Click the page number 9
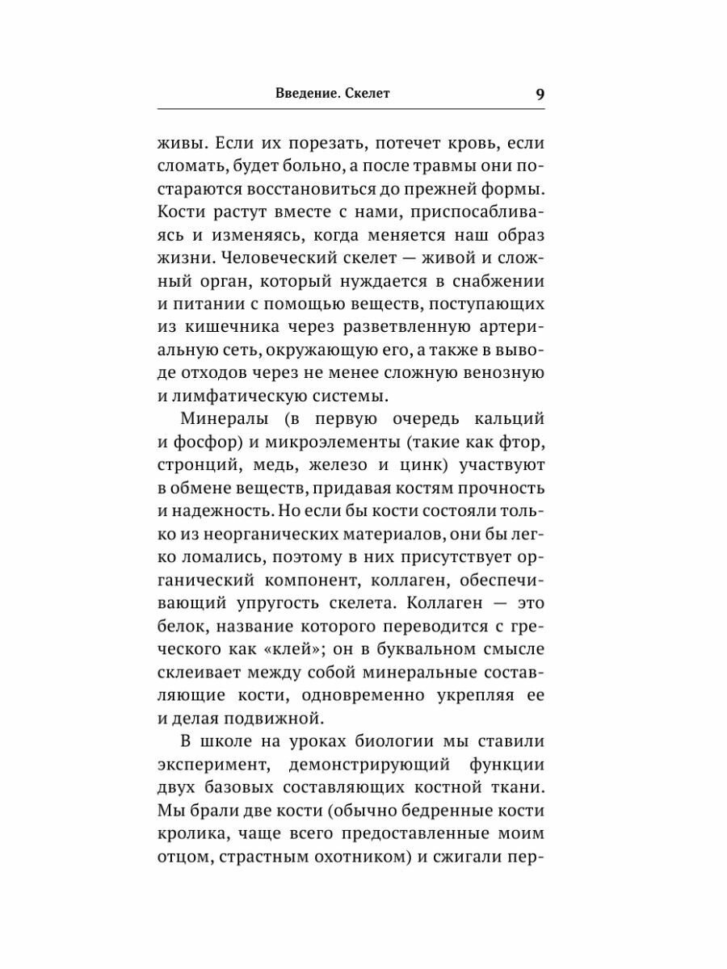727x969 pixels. pyautogui.click(x=540, y=94)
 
